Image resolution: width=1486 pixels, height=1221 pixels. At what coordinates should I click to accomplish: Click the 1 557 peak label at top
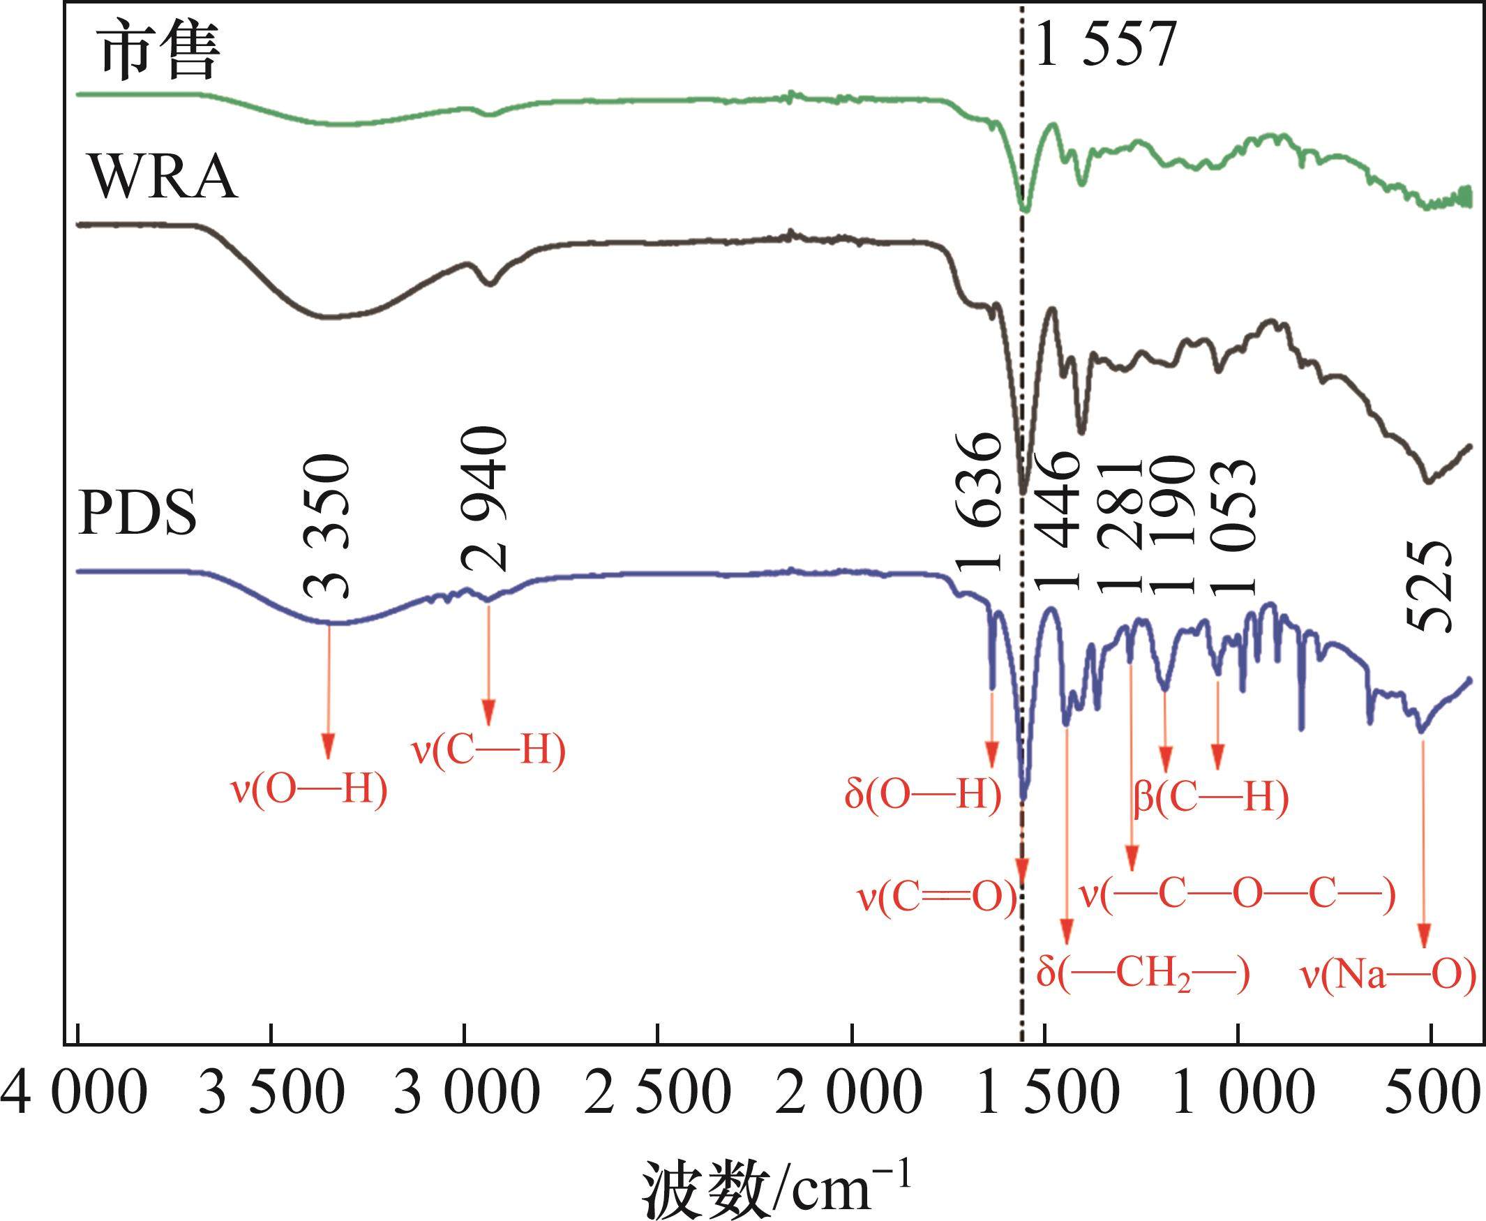1106,43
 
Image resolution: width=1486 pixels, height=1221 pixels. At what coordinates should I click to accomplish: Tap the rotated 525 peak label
1429,587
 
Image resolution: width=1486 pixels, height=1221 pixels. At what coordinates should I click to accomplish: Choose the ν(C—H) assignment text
489,751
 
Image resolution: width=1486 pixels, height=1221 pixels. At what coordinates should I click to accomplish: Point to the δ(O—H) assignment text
923,795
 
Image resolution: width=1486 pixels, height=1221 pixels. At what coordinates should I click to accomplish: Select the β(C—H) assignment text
1211,797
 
